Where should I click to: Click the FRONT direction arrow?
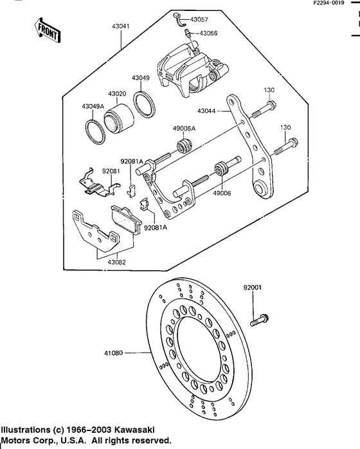[x=47, y=31]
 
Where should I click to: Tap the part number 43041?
[x=121, y=26]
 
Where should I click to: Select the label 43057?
[x=199, y=19]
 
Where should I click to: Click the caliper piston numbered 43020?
[x=118, y=119]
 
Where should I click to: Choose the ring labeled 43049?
[x=145, y=104]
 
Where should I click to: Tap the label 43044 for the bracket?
[x=206, y=111]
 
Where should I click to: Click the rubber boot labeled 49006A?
[x=184, y=145]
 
